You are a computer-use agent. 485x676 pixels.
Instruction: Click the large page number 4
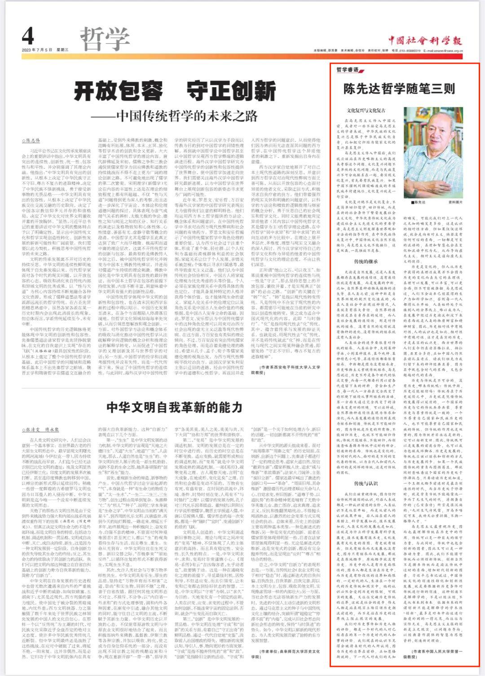tap(28, 36)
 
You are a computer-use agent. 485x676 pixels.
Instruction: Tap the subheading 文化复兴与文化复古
tap(366, 110)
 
